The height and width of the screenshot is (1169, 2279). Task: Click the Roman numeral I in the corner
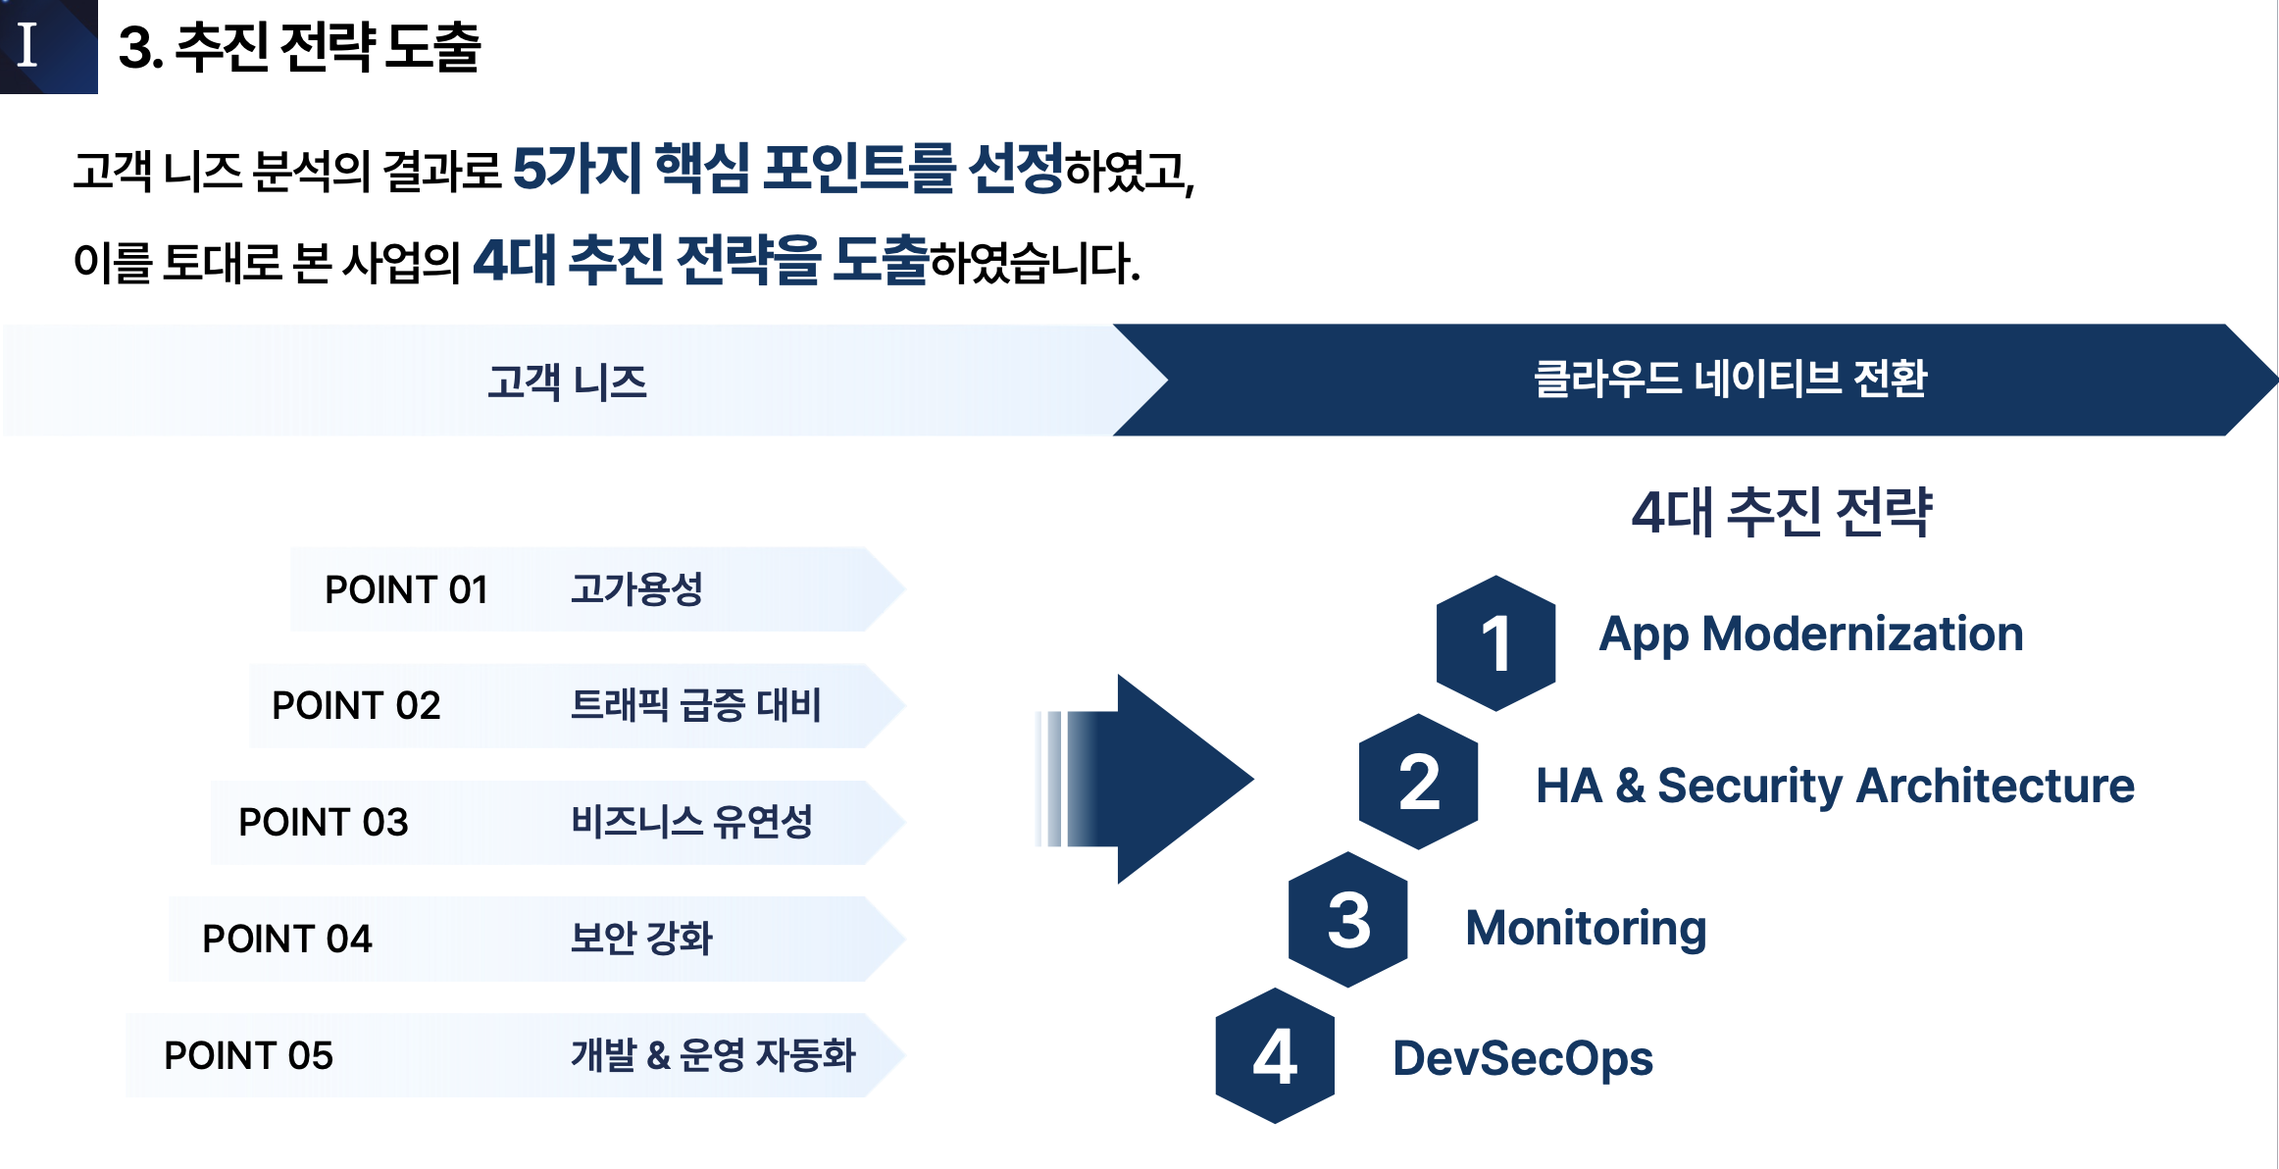pyautogui.click(x=27, y=45)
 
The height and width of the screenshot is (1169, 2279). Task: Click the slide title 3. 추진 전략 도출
pyautogui.click(x=299, y=47)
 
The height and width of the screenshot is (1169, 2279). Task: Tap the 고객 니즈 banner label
pyautogui.click(x=567, y=381)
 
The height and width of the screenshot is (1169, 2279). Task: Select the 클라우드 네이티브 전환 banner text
pyautogui.click(x=1730, y=380)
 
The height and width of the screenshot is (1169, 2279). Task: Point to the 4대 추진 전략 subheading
pyautogui.click(x=1781, y=512)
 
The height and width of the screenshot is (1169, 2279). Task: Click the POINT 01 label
pyautogui.click(x=406, y=590)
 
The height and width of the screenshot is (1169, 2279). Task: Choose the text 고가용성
pyautogui.click(x=636, y=589)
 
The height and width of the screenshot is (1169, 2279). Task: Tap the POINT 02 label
pyautogui.click(x=356, y=706)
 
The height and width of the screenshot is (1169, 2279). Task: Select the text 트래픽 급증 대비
pyautogui.click(x=695, y=705)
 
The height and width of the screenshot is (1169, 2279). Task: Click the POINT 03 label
pyautogui.click(x=323, y=823)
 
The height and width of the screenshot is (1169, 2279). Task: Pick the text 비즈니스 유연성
pyautogui.click(x=691, y=822)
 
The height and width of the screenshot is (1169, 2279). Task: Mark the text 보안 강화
pyautogui.click(x=641, y=939)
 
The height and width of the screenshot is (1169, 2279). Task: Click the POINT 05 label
pyautogui.click(x=248, y=1056)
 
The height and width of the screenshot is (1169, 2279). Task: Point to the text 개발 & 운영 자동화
pyautogui.click(x=713, y=1055)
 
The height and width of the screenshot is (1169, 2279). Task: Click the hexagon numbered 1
pyautogui.click(x=1495, y=643)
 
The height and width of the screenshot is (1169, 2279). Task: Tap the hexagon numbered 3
pyautogui.click(x=1348, y=920)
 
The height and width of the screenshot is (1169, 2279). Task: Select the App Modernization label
pyautogui.click(x=1811, y=635)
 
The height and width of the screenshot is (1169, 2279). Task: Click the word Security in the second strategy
pyautogui.click(x=1749, y=787)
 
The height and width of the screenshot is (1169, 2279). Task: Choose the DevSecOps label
pyautogui.click(x=1523, y=1059)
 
